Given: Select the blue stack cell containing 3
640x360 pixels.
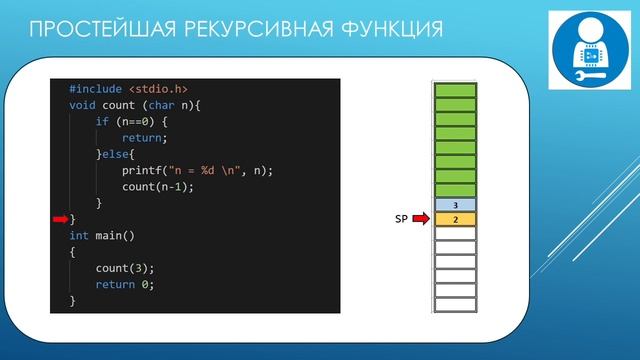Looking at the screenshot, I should [455, 205].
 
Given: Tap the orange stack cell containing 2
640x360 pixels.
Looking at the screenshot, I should [455, 219].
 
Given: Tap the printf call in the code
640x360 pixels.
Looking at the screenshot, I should [142, 170].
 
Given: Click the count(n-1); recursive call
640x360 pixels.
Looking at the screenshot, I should [157, 187].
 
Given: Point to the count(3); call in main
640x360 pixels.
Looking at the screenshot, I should [125, 268].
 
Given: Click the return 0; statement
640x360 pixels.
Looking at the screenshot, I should [125, 284].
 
